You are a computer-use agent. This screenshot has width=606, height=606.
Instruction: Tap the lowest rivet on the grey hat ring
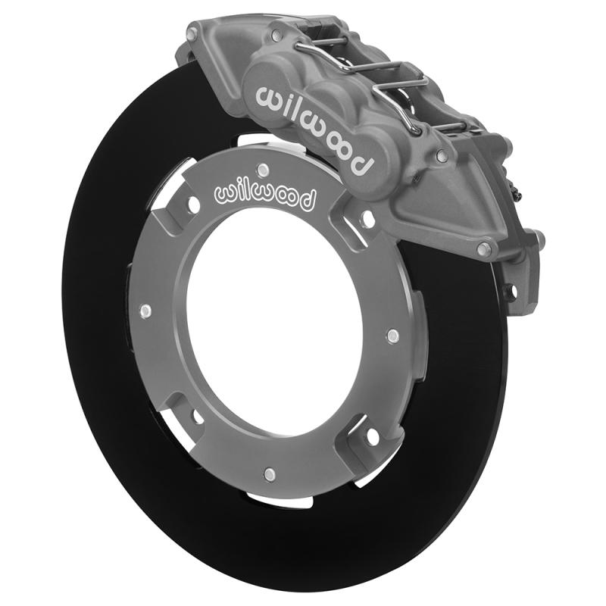pos(267,474)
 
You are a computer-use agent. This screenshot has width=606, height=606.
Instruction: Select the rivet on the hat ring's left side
pos(145,311)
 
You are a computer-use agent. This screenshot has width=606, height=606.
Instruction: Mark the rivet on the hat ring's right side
pos(392,334)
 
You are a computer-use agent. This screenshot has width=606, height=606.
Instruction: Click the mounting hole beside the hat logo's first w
pos(193,205)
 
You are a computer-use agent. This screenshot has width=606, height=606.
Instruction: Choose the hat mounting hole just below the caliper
pos(368,219)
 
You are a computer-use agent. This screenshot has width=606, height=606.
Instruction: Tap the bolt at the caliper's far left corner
pos(192,33)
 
